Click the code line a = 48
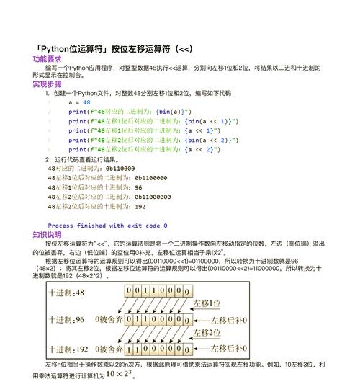click(79, 102)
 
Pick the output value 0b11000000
click(152, 196)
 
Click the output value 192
click(140, 205)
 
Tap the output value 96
click(138, 187)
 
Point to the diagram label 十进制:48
click(66, 293)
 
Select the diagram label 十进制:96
click(66, 318)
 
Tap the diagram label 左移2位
click(215, 332)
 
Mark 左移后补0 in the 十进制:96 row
click(228, 318)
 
